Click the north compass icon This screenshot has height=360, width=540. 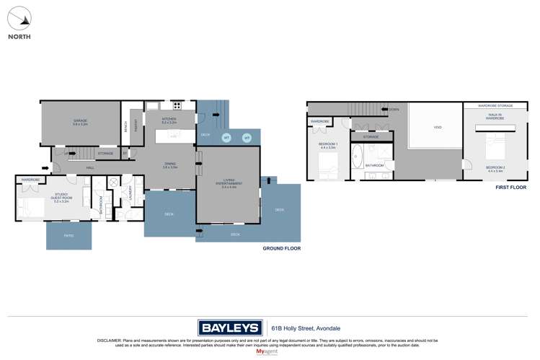[19, 18]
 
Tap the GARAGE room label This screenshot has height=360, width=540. [80, 122]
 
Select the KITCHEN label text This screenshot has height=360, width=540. [169, 120]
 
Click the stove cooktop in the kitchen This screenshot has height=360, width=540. [177, 107]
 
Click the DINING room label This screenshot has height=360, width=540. [170, 165]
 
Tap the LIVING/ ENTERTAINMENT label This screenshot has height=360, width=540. [228, 183]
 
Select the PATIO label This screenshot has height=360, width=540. [69, 236]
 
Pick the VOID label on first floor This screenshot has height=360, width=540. [437, 128]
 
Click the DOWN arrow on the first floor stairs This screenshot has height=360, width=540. [391, 110]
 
